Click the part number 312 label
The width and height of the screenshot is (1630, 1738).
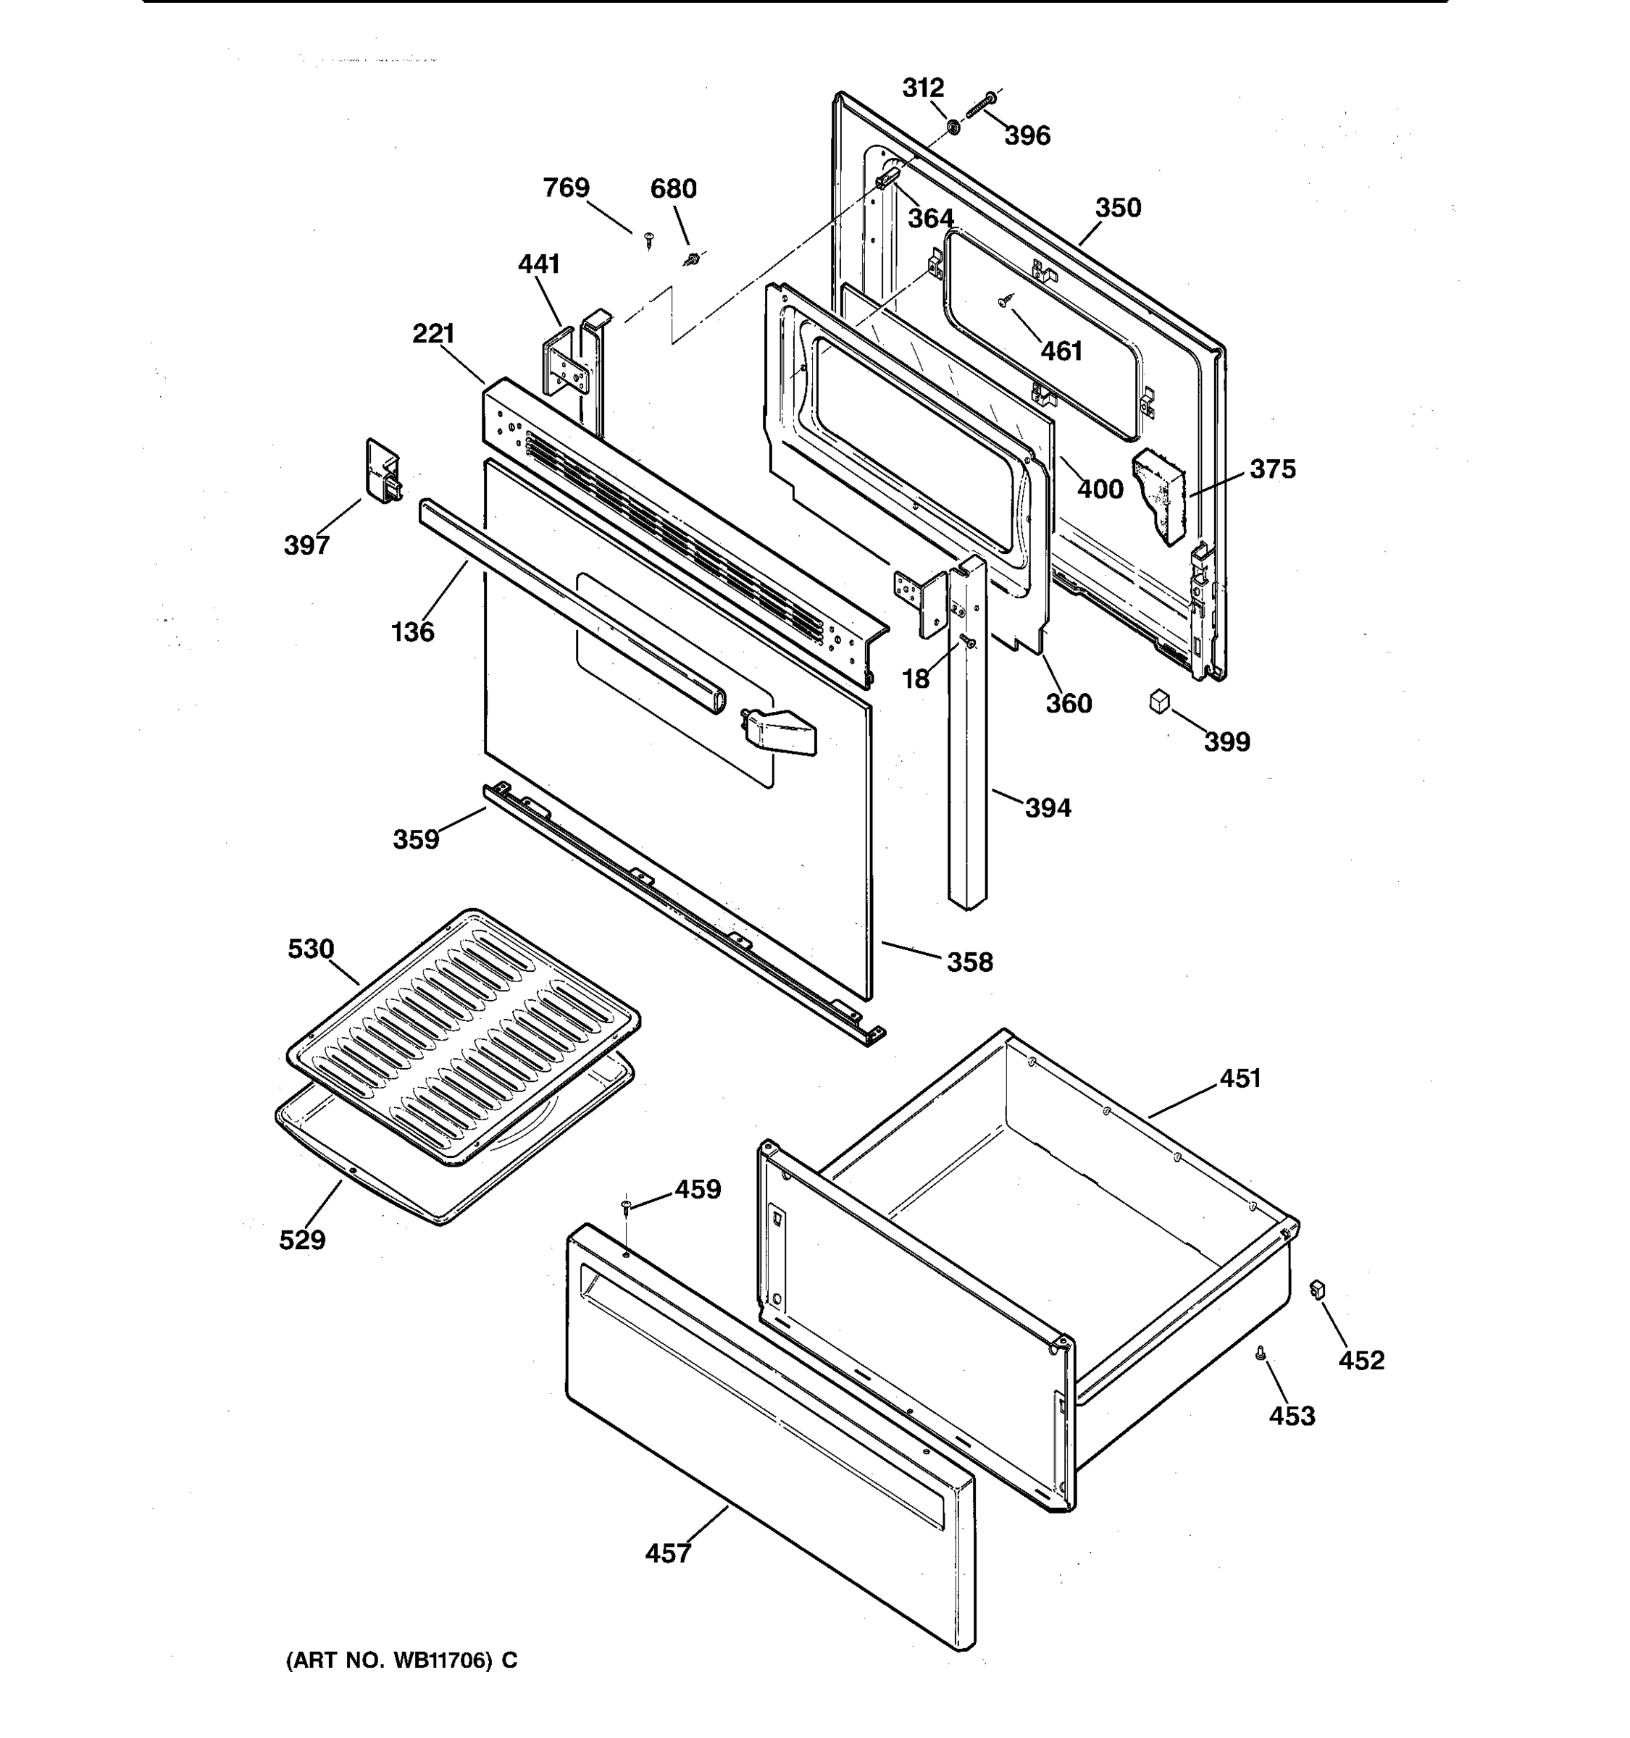[x=922, y=88]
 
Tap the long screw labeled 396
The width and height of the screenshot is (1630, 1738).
[x=980, y=106]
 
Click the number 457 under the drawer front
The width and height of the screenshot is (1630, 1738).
[x=668, y=1553]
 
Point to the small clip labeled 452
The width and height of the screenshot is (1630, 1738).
[x=1317, y=1290]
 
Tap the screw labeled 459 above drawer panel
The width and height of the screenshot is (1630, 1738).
[x=627, y=1207]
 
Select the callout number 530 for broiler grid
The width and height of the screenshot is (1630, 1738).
[x=311, y=949]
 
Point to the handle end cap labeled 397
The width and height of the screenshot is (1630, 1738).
[x=382, y=473]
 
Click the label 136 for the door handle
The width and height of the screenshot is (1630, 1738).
[x=412, y=631]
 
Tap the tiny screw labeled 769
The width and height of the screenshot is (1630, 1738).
[x=649, y=239]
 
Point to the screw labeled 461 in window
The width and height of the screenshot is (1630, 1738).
[x=1006, y=301]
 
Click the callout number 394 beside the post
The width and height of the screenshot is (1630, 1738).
[x=1048, y=807]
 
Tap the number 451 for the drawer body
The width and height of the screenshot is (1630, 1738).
[x=1240, y=1079]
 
